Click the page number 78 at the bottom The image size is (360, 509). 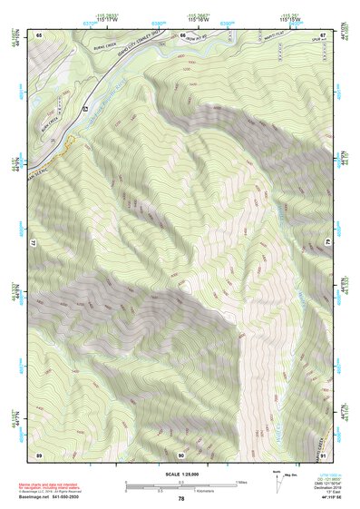180,498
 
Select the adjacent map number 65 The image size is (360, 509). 39,34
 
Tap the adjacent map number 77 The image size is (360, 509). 35,244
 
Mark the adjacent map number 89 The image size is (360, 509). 39,454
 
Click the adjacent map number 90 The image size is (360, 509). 181,454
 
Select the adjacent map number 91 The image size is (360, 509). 323,454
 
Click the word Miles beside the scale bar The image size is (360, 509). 240,481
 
